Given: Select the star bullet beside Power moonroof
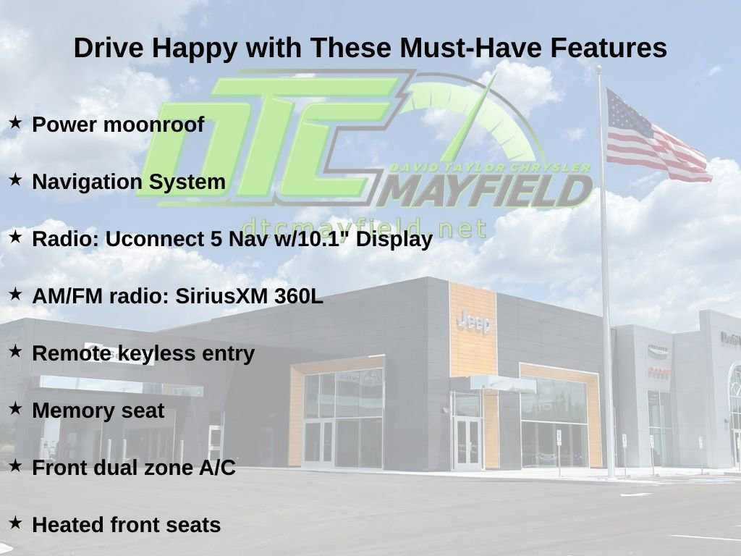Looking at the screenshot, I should (15, 123).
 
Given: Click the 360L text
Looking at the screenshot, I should (298, 296).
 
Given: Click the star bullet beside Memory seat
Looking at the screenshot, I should (15, 409).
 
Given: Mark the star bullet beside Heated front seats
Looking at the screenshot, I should (15, 523).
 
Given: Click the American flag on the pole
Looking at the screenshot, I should (655, 138).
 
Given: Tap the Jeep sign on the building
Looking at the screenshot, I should (474, 322).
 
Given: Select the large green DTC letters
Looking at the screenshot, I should (268, 138).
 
